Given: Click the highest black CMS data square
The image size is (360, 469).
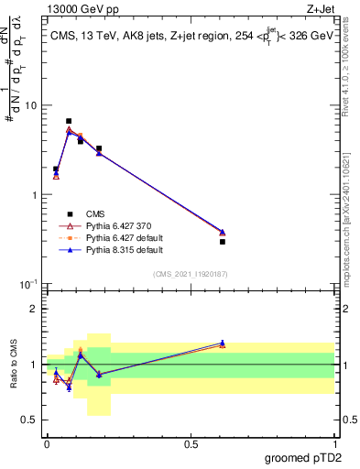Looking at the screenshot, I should (69, 121).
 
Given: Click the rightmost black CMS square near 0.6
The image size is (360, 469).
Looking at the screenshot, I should (223, 242).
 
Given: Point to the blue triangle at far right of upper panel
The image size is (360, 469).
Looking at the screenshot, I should (223, 232).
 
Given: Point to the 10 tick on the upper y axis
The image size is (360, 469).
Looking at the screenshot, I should (36, 105).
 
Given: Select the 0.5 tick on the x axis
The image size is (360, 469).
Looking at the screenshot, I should (191, 442).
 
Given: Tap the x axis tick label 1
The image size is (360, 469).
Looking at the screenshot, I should (335, 442).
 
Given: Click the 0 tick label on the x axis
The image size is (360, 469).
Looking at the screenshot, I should (47, 442).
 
